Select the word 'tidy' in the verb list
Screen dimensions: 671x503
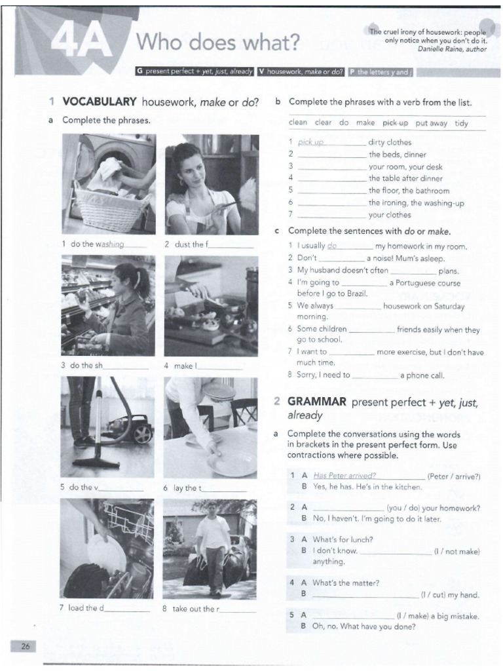point(462,123)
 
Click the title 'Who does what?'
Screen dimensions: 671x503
point(217,43)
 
